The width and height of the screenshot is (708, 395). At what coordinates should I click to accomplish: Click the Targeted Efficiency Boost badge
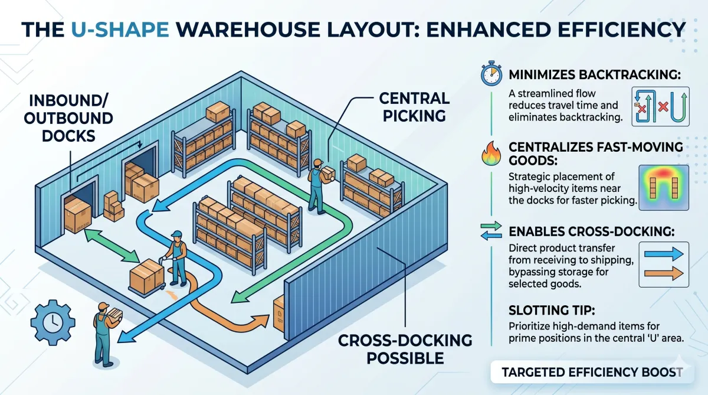pos(592,372)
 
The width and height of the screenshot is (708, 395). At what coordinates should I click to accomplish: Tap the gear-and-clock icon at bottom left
pos(53,322)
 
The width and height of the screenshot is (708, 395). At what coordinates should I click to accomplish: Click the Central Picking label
pos(415,106)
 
